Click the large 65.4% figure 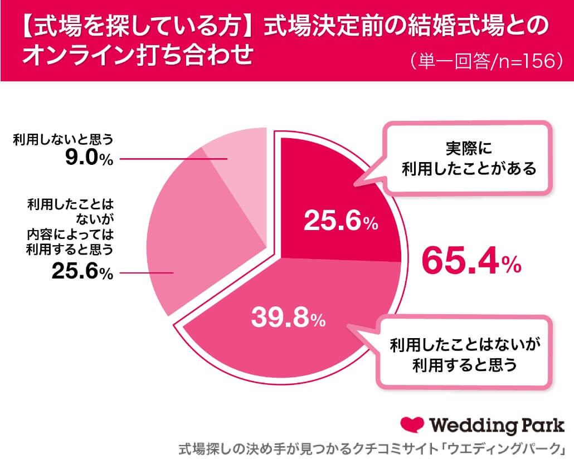click(471, 261)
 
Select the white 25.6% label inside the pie click(340, 222)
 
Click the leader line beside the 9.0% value click(173, 159)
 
